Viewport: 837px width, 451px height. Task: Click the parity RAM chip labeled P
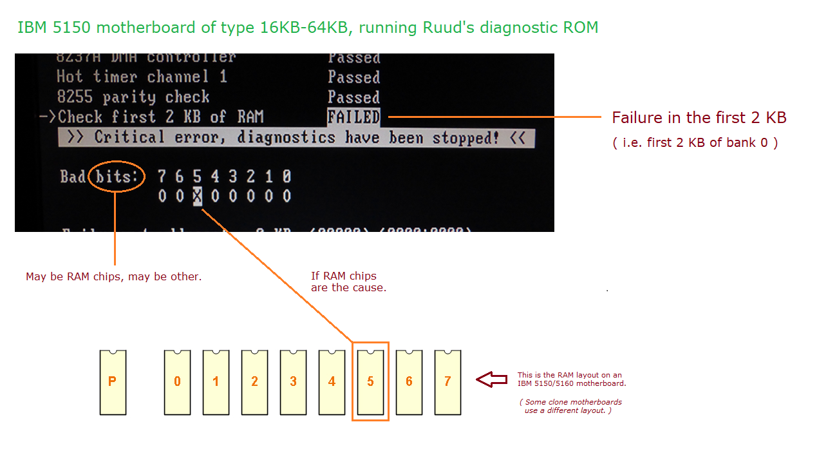tap(113, 382)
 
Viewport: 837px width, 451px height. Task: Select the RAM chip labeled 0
tap(177, 382)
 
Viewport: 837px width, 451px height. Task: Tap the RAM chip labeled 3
tap(293, 382)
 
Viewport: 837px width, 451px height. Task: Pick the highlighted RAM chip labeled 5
tap(370, 382)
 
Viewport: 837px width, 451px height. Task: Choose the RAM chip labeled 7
tap(447, 382)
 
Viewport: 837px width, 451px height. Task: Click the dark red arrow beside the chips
tap(493, 380)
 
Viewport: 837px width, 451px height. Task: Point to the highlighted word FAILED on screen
tap(353, 117)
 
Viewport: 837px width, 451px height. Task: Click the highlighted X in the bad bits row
tap(198, 196)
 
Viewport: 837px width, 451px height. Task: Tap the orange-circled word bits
tap(117, 176)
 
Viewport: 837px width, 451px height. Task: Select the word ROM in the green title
tap(582, 28)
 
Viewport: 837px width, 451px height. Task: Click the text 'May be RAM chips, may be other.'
tap(114, 277)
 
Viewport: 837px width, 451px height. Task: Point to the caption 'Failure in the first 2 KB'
tap(699, 118)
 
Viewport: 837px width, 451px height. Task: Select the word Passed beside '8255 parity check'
tap(353, 97)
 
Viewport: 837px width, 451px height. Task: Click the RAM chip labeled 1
tap(216, 382)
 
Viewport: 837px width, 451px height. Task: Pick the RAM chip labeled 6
tap(409, 382)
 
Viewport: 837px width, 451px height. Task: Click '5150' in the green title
tap(62, 28)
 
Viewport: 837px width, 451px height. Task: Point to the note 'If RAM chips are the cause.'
tap(348, 282)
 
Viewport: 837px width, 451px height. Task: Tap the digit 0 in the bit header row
tap(287, 176)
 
